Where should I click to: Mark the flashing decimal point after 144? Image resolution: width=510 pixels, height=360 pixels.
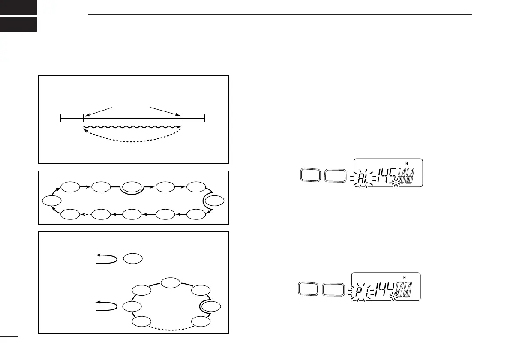394,297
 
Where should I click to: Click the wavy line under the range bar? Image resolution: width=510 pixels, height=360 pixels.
132,127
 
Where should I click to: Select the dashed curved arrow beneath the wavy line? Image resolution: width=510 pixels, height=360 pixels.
132,140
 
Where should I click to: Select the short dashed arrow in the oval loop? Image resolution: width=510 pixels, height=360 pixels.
87,213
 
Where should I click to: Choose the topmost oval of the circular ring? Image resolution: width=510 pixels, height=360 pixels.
171,283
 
